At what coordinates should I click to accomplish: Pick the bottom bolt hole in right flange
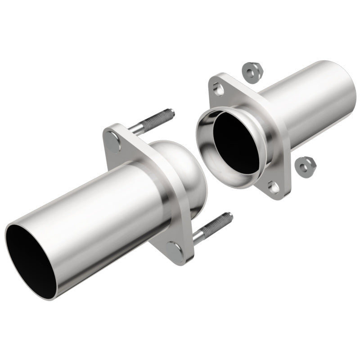pyautogui.click(x=274, y=186)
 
